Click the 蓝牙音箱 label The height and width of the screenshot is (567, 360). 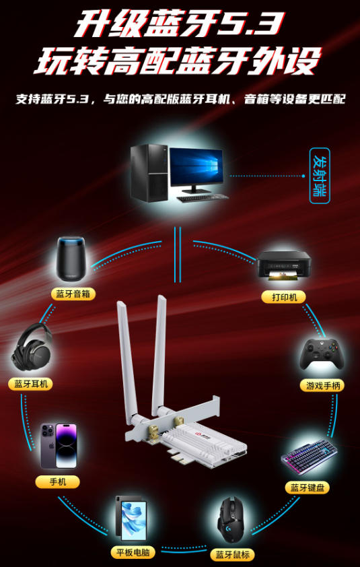point(73,294)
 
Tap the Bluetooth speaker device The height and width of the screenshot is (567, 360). point(71,259)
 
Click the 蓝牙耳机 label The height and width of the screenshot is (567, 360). point(31,384)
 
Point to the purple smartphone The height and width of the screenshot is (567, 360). point(59,446)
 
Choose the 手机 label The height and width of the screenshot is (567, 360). point(57,481)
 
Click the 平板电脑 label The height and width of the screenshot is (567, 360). point(133,552)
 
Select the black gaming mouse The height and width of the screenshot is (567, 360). point(231,519)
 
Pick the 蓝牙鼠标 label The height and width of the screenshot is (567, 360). point(232,554)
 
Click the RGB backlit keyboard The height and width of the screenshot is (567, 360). point(310,457)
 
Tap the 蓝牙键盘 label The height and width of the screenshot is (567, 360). point(308,488)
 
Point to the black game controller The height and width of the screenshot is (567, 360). point(322,354)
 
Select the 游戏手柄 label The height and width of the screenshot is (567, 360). point(322,385)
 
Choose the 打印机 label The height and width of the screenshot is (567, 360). point(284,297)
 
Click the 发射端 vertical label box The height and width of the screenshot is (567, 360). point(320,175)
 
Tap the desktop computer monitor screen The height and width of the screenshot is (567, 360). point(196,167)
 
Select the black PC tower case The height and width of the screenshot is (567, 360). point(149,173)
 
